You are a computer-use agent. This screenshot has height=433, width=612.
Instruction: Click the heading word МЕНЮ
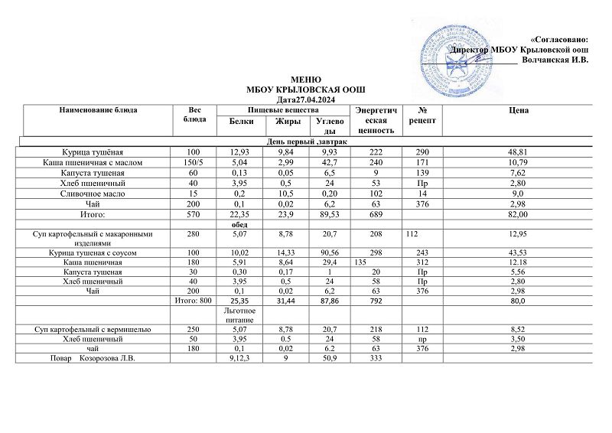(305, 80)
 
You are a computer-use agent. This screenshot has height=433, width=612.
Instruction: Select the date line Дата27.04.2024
(305, 99)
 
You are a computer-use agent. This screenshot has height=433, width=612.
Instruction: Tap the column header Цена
(519, 111)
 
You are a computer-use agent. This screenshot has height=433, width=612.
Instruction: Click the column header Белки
(239, 121)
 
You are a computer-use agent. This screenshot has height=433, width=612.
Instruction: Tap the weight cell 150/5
(197, 161)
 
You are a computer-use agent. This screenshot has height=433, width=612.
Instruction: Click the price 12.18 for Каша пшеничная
(519, 262)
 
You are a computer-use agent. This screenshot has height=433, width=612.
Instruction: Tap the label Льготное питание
(239, 316)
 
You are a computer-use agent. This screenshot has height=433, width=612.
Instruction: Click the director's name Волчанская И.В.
(554, 60)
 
